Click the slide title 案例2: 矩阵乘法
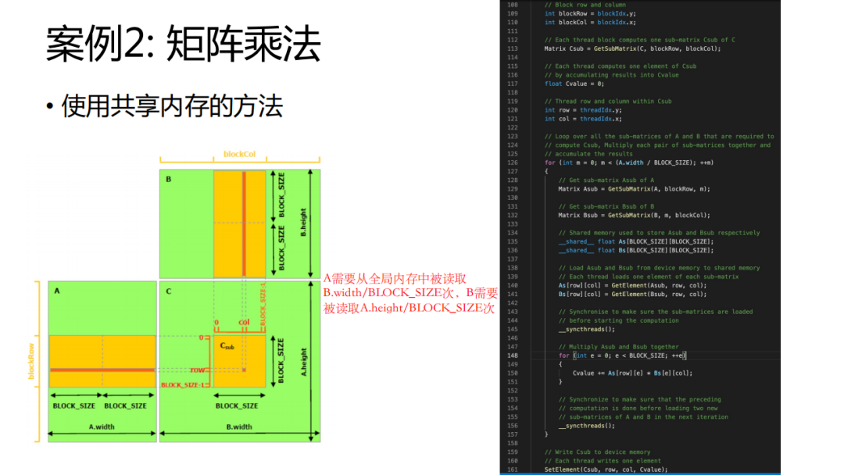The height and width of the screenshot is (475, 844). (183, 44)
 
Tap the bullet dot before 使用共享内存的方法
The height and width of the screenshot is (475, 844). (50, 107)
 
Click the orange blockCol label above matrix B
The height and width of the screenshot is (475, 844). (239, 154)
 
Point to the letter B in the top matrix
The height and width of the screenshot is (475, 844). (168, 179)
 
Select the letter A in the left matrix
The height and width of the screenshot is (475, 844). (57, 290)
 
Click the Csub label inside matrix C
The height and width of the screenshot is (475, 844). (226, 345)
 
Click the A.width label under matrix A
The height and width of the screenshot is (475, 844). (102, 427)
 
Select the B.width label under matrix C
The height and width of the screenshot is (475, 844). (238, 427)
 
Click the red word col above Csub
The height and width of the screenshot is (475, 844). (244, 322)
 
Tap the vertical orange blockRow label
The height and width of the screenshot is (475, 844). (32, 362)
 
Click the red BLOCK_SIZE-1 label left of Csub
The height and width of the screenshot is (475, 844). (182, 384)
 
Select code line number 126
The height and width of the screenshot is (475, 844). (513, 162)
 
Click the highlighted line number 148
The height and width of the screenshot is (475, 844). (513, 355)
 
